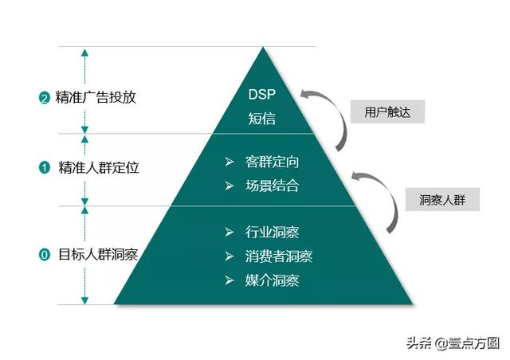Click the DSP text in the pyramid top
click(261, 96)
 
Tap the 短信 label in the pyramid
click(261, 119)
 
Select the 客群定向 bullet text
click(273, 162)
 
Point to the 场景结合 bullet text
click(273, 186)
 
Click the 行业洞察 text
click(273, 233)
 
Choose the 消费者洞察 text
click(279, 256)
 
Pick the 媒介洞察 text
click(273, 280)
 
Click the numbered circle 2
click(45, 99)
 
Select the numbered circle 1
click(45, 168)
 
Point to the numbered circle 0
click(45, 256)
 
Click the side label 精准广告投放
click(96, 98)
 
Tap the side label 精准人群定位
click(96, 168)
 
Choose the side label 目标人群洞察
click(96, 256)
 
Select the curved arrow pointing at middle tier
click(382, 199)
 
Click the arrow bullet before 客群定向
click(229, 162)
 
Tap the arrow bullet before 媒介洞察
click(229, 280)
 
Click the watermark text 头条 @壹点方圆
click(452, 343)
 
